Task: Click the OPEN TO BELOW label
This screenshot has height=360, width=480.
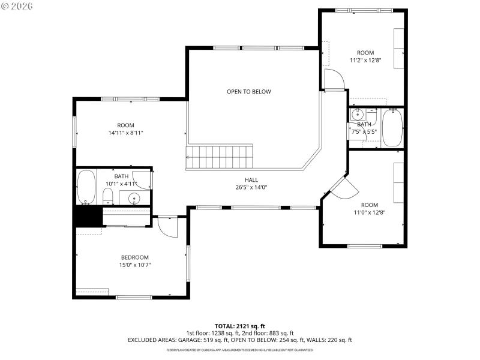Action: click(248, 92)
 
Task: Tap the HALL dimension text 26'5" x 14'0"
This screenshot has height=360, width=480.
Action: click(251, 187)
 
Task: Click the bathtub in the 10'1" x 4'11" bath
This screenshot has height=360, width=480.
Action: click(87, 186)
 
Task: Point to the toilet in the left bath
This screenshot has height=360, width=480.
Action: click(108, 196)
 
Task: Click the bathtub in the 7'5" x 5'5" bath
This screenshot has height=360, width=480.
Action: click(392, 128)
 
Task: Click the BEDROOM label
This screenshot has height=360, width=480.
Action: click(135, 257)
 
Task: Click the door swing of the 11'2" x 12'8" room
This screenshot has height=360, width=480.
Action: click(333, 79)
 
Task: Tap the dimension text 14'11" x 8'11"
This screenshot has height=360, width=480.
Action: click(126, 133)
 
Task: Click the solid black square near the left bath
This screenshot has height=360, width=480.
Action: click(87, 215)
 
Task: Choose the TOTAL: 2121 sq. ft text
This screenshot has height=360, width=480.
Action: click(239, 326)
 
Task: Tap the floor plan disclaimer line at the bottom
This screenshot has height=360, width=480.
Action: click(239, 350)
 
